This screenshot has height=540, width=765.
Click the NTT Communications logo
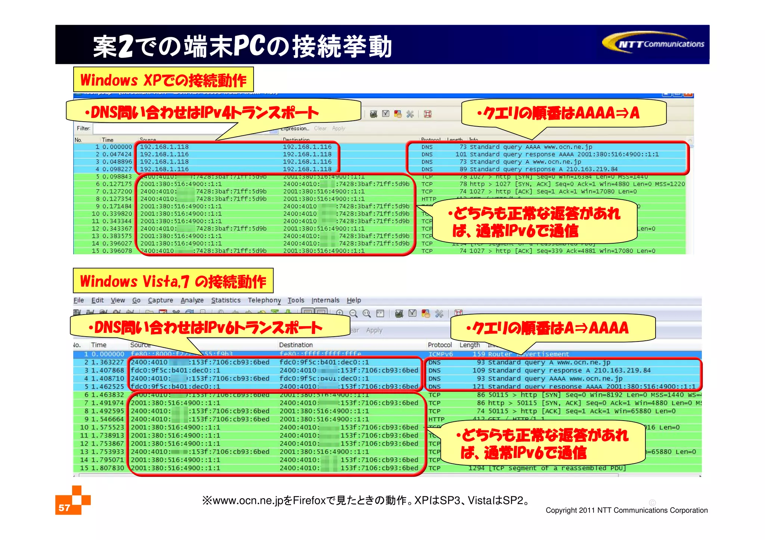tap(654, 44)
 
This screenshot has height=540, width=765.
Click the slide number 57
tap(64, 508)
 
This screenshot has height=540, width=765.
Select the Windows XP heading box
tap(163, 80)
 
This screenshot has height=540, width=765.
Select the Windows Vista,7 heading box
tap(173, 281)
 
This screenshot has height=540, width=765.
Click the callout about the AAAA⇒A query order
tap(563, 113)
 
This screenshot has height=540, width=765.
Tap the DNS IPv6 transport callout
tap(209, 328)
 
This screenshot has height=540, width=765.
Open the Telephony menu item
tap(264, 300)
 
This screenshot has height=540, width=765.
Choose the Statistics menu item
tap(226, 300)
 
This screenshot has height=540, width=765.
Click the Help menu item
tap(353, 300)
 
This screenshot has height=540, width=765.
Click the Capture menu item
tap(160, 300)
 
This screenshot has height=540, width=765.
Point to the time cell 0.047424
tap(117, 154)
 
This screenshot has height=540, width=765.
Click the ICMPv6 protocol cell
tap(440, 354)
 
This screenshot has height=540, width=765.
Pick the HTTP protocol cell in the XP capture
tap(429, 199)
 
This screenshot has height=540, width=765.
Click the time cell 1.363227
tap(108, 362)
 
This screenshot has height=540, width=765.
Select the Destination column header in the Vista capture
tap(295, 345)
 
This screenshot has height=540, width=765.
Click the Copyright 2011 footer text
tap(626, 510)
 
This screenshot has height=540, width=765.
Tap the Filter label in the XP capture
tap(83, 128)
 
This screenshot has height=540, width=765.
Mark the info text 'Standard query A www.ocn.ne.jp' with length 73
tap(525, 162)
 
